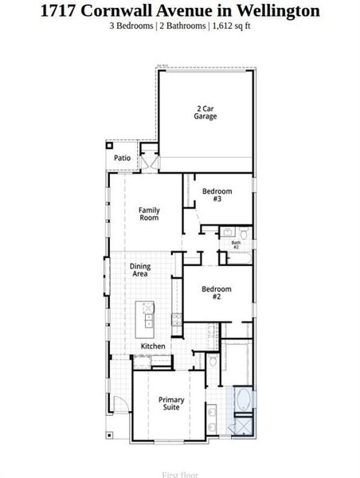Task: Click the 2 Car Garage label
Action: tap(205, 112)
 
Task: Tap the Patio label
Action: tap(122, 158)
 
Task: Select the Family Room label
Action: tap(149, 214)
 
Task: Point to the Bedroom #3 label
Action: tap(217, 194)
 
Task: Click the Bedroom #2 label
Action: tap(216, 292)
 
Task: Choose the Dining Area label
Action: tap(141, 270)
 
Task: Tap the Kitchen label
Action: tap(153, 347)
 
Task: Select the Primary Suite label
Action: tap(171, 403)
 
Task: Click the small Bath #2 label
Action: tap(236, 245)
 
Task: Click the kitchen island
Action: tap(147, 317)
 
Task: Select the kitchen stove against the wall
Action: tap(177, 320)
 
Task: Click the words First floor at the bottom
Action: tap(180, 474)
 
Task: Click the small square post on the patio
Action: tap(111, 147)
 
